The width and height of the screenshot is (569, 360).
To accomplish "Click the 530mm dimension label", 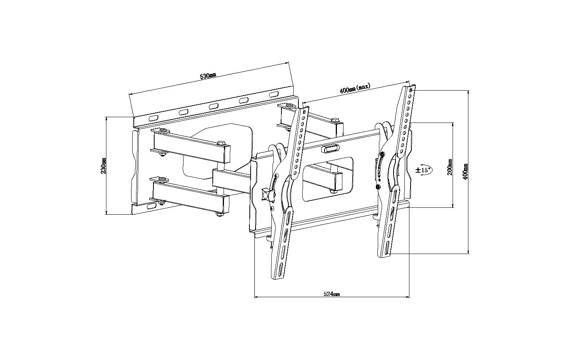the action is click(x=208, y=76).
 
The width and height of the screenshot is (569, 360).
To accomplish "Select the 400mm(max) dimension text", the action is click(x=355, y=88).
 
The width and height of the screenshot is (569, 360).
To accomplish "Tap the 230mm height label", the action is click(x=103, y=166).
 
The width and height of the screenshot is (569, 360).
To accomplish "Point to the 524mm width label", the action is click(x=332, y=294).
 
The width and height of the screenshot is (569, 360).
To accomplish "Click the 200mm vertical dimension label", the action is click(x=449, y=167).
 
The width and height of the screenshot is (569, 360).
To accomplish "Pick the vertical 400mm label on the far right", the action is click(x=466, y=172).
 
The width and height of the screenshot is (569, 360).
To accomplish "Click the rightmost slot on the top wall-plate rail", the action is click(x=274, y=95).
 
